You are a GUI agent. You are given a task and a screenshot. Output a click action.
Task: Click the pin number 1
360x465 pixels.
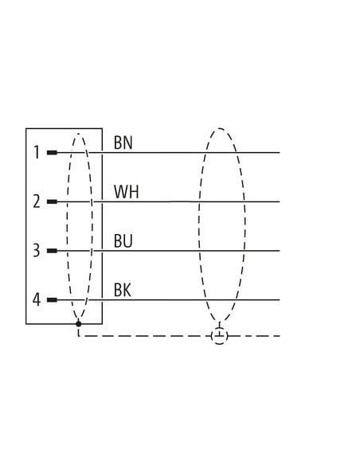(x=37, y=152)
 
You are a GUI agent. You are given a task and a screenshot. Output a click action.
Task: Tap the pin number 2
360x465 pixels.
(x=37, y=201)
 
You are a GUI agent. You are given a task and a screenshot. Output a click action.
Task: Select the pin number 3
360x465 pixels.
(x=37, y=250)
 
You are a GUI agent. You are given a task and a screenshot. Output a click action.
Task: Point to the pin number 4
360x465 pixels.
(x=37, y=299)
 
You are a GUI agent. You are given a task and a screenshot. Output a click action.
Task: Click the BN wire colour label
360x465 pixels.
(x=123, y=143)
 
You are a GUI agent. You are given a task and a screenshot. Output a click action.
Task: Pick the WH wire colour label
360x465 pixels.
(x=127, y=192)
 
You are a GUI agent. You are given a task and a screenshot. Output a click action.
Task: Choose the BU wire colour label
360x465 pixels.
(x=123, y=240)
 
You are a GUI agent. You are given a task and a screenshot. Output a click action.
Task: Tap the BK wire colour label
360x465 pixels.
(x=122, y=290)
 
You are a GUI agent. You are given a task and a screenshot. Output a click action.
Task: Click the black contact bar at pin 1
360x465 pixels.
(x=52, y=153)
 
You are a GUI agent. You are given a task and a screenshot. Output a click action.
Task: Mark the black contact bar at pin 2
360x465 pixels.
(x=52, y=201)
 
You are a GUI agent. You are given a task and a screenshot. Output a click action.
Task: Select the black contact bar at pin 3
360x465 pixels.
(x=52, y=251)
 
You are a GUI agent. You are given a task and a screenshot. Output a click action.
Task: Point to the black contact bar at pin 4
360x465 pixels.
(x=52, y=300)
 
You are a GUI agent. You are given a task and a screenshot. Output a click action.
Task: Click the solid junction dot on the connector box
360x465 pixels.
(x=79, y=323)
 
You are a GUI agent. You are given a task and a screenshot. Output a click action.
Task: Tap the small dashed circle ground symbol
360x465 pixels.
(x=220, y=336)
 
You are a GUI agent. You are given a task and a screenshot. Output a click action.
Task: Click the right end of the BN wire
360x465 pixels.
(x=280, y=153)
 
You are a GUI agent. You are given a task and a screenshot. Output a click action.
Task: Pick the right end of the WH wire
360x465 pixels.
(x=280, y=201)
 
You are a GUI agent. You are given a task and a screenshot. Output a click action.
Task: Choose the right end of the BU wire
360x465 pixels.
(x=280, y=251)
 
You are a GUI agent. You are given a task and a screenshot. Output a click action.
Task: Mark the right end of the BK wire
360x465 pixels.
(x=280, y=300)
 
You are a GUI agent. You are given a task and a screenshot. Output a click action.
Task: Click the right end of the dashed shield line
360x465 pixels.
(x=280, y=336)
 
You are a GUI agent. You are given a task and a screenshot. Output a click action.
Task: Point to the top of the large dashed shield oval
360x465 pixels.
(x=220, y=128)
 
